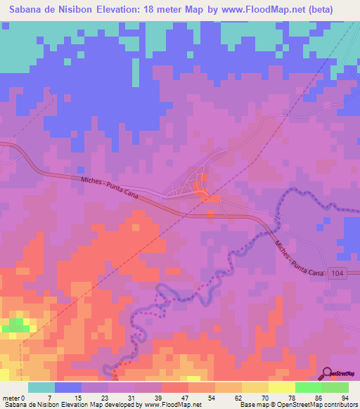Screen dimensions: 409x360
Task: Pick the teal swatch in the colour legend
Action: point(41,387)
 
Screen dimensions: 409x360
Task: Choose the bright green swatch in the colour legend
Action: point(308,387)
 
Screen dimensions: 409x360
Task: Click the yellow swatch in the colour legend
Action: point(255,387)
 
